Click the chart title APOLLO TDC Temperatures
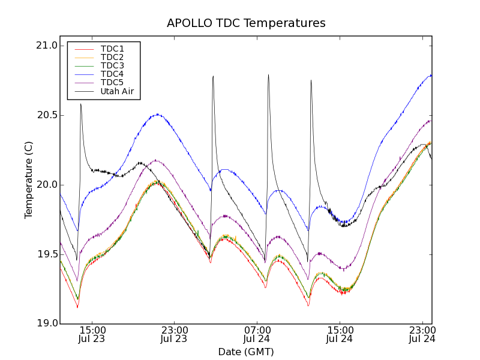pyautogui.click(x=246, y=23)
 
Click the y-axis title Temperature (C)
pyautogui.click(x=29, y=180)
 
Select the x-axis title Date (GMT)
pyautogui.click(x=246, y=352)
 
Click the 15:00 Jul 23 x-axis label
pyautogui.click(x=92, y=334)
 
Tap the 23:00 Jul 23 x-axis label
pyautogui.click(x=174, y=334)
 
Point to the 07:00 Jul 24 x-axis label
pyautogui.click(x=257, y=334)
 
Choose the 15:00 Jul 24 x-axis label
pyautogui.click(x=340, y=334)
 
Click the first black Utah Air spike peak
pyautogui.click(x=80, y=104)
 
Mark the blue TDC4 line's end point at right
pyautogui.click(x=431, y=75)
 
